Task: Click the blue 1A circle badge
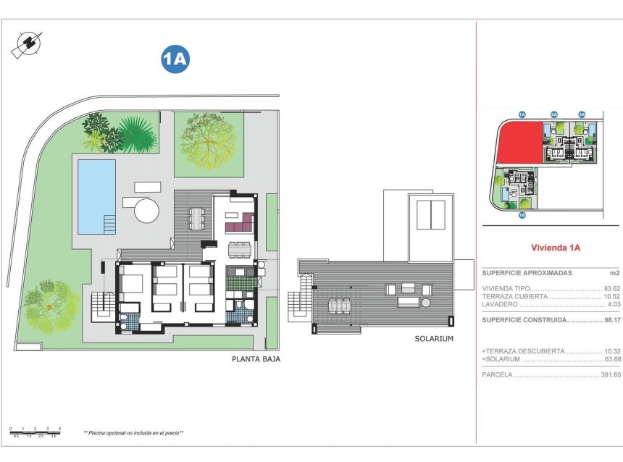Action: pos(175,60)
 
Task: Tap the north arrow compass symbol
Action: pos(25,44)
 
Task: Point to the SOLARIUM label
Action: pos(434,338)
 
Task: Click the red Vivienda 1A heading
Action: pos(556,248)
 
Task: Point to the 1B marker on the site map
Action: pos(522,214)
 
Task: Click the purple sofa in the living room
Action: pos(239,227)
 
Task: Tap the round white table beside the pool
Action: pos(146,211)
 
